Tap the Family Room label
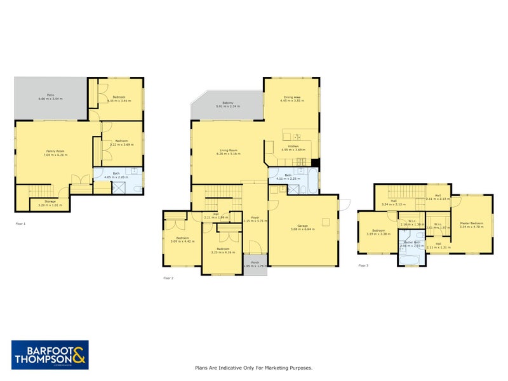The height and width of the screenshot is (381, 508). [55, 151]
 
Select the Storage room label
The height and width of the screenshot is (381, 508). [42, 202]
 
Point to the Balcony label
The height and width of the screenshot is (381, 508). [228, 102]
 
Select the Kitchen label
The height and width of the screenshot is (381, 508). [293, 147]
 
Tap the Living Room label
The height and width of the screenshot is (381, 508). [228, 150]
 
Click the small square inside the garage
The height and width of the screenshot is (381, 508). [325, 221]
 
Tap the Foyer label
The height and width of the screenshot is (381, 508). [255, 217]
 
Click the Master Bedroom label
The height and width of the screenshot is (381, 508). [472, 224]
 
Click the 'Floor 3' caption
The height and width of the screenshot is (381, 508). [363, 265]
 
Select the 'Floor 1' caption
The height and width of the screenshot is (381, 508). [20, 224]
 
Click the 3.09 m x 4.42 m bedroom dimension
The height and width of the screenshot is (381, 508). [182, 242]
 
